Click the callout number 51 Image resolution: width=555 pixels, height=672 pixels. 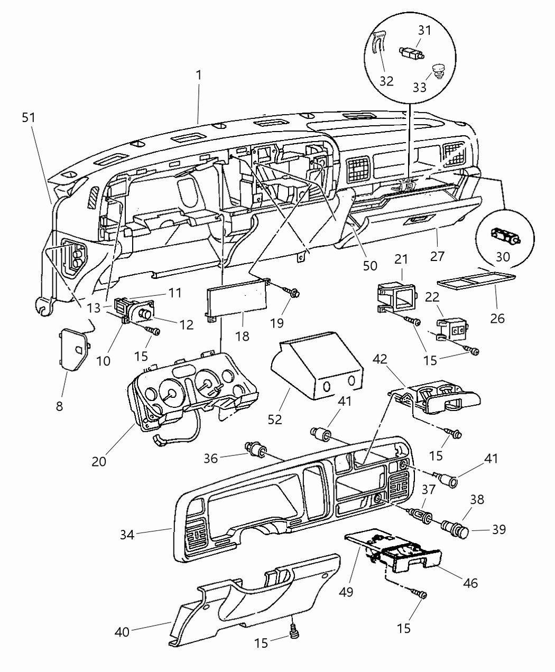click(29, 117)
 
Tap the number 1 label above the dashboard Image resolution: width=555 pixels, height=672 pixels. click(198, 76)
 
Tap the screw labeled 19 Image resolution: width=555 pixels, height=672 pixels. click(292, 291)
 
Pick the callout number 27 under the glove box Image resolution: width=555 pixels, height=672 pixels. click(437, 256)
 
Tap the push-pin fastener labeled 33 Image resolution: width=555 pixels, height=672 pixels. click(437, 70)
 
